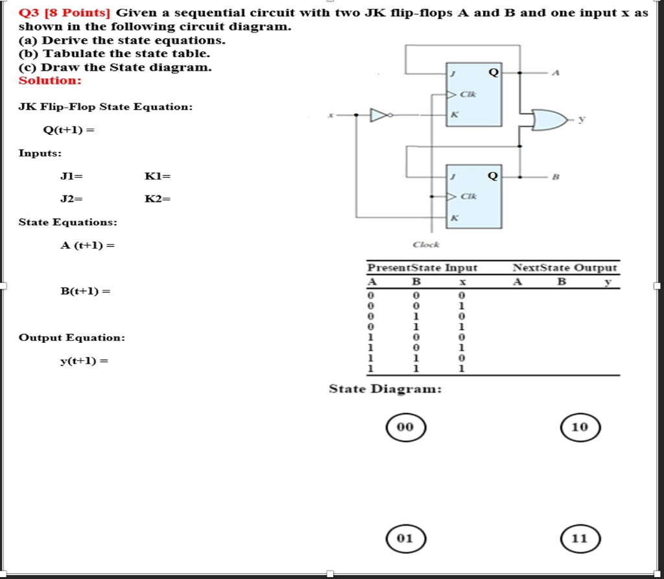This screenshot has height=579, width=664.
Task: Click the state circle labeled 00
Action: coord(405,426)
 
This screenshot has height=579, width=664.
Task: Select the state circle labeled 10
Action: coord(580,426)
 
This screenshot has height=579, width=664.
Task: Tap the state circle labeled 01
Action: coord(405,538)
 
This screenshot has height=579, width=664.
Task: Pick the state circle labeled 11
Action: coord(580,538)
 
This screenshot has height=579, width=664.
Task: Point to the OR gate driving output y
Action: coord(547,119)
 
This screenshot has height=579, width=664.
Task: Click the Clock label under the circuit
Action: coord(426,245)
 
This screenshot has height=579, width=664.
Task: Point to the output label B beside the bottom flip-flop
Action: coord(554,176)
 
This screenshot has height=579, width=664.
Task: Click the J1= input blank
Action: coord(71,176)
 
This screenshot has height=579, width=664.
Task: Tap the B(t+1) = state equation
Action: coord(85,291)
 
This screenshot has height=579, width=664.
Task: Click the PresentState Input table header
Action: coord(422,267)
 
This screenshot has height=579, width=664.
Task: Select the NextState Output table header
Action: coord(565,267)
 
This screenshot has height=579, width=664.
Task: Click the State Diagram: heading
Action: coord(385,389)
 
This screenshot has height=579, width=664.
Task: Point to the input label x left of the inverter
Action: coord(330,116)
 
